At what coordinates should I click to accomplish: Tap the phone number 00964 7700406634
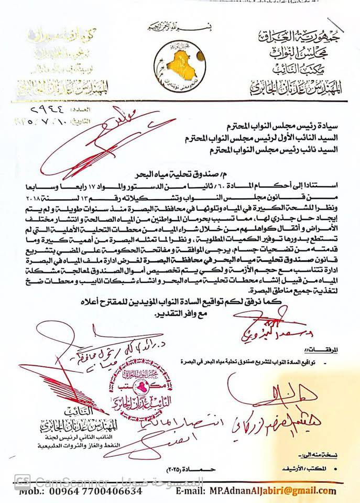97,491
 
